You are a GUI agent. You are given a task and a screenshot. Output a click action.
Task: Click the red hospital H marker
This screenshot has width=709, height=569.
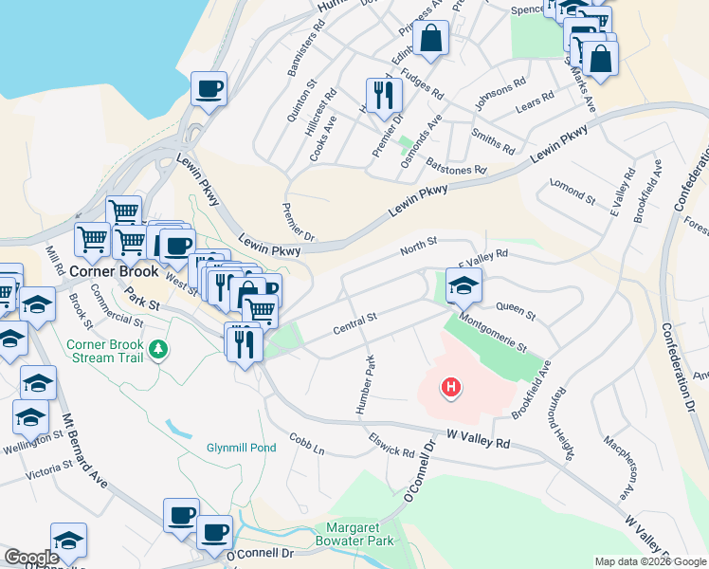click(451, 387)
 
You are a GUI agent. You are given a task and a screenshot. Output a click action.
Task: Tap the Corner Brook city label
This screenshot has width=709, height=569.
click(113, 271)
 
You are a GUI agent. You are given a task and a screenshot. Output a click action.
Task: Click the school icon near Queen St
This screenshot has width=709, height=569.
click(464, 284)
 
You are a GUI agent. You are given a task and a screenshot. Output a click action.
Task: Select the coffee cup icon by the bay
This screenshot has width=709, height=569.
click(209, 89)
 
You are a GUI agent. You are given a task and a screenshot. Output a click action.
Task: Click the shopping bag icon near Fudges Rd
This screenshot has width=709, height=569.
click(430, 39)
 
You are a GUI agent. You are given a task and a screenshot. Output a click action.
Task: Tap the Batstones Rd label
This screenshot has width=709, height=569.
click(455, 166)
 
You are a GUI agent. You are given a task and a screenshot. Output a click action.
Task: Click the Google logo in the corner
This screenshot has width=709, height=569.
click(31, 558)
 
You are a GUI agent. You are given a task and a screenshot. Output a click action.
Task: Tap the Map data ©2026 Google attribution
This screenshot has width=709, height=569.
click(651, 561)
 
